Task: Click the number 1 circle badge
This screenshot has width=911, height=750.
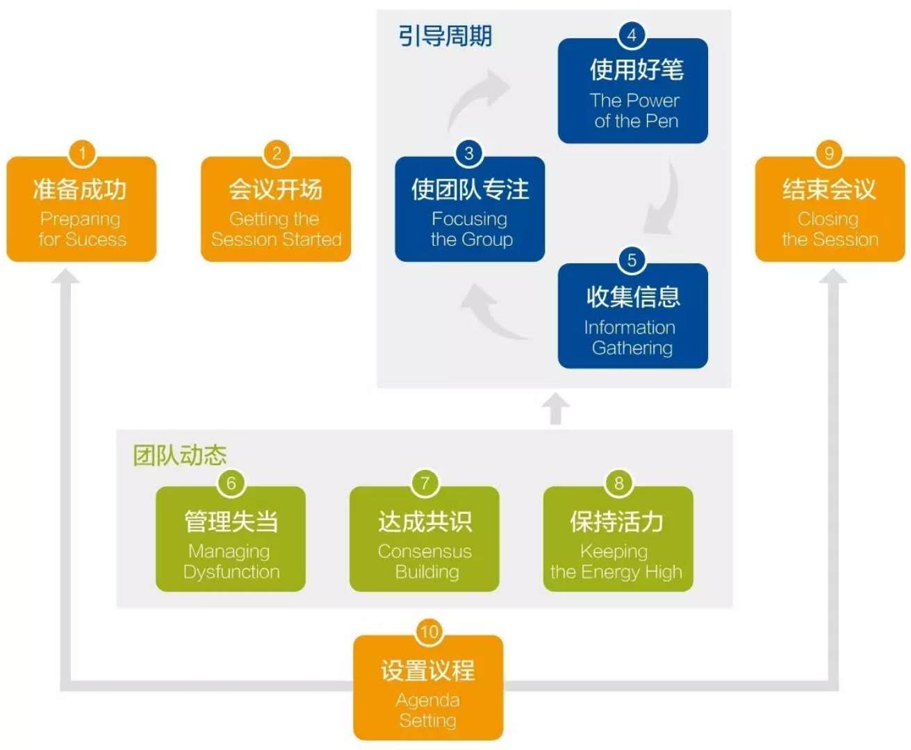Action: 82,153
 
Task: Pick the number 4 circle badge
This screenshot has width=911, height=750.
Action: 632,35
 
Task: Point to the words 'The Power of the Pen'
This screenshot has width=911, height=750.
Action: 634,110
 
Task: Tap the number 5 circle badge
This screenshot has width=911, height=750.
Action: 632,260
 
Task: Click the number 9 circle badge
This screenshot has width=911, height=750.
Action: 828,153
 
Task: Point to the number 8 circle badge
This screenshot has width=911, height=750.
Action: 618,483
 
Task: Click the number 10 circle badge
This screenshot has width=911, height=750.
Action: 429,632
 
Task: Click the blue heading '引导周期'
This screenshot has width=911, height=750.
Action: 445,36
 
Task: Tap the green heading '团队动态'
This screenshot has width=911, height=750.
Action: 180,456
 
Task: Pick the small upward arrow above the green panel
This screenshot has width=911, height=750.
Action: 555,409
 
